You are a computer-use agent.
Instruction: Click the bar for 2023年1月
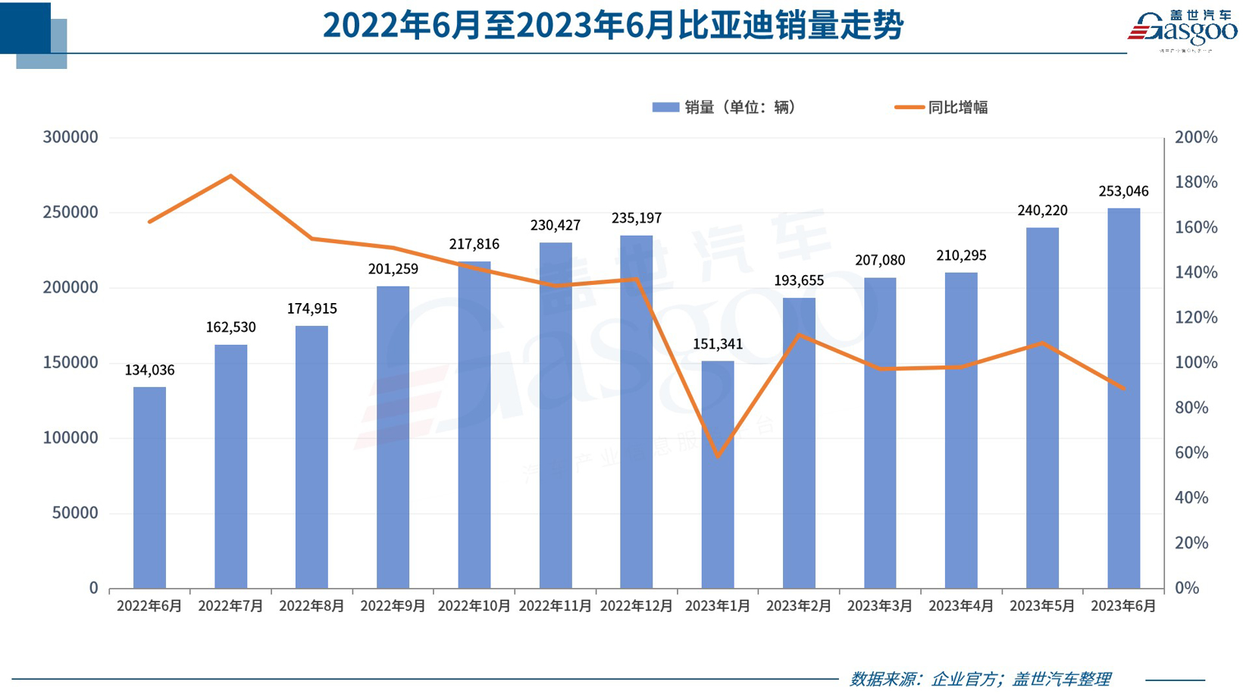click(717, 474)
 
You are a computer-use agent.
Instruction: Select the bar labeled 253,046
click(1123, 398)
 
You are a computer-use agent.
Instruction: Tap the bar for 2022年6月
click(149, 487)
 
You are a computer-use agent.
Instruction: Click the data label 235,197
click(636, 218)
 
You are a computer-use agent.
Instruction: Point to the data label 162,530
click(230, 327)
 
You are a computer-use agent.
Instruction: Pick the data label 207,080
click(879, 261)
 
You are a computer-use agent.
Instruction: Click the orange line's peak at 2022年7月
click(230, 176)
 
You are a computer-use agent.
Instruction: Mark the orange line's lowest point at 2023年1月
click(717, 456)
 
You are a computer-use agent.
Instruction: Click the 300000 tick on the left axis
click(70, 137)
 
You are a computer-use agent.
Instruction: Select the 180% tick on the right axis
click(1195, 182)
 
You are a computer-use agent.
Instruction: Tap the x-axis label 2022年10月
click(474, 606)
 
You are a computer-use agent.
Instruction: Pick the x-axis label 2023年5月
click(1042, 606)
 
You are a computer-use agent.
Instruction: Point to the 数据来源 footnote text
click(979, 679)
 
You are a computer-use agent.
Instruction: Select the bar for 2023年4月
click(960, 430)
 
